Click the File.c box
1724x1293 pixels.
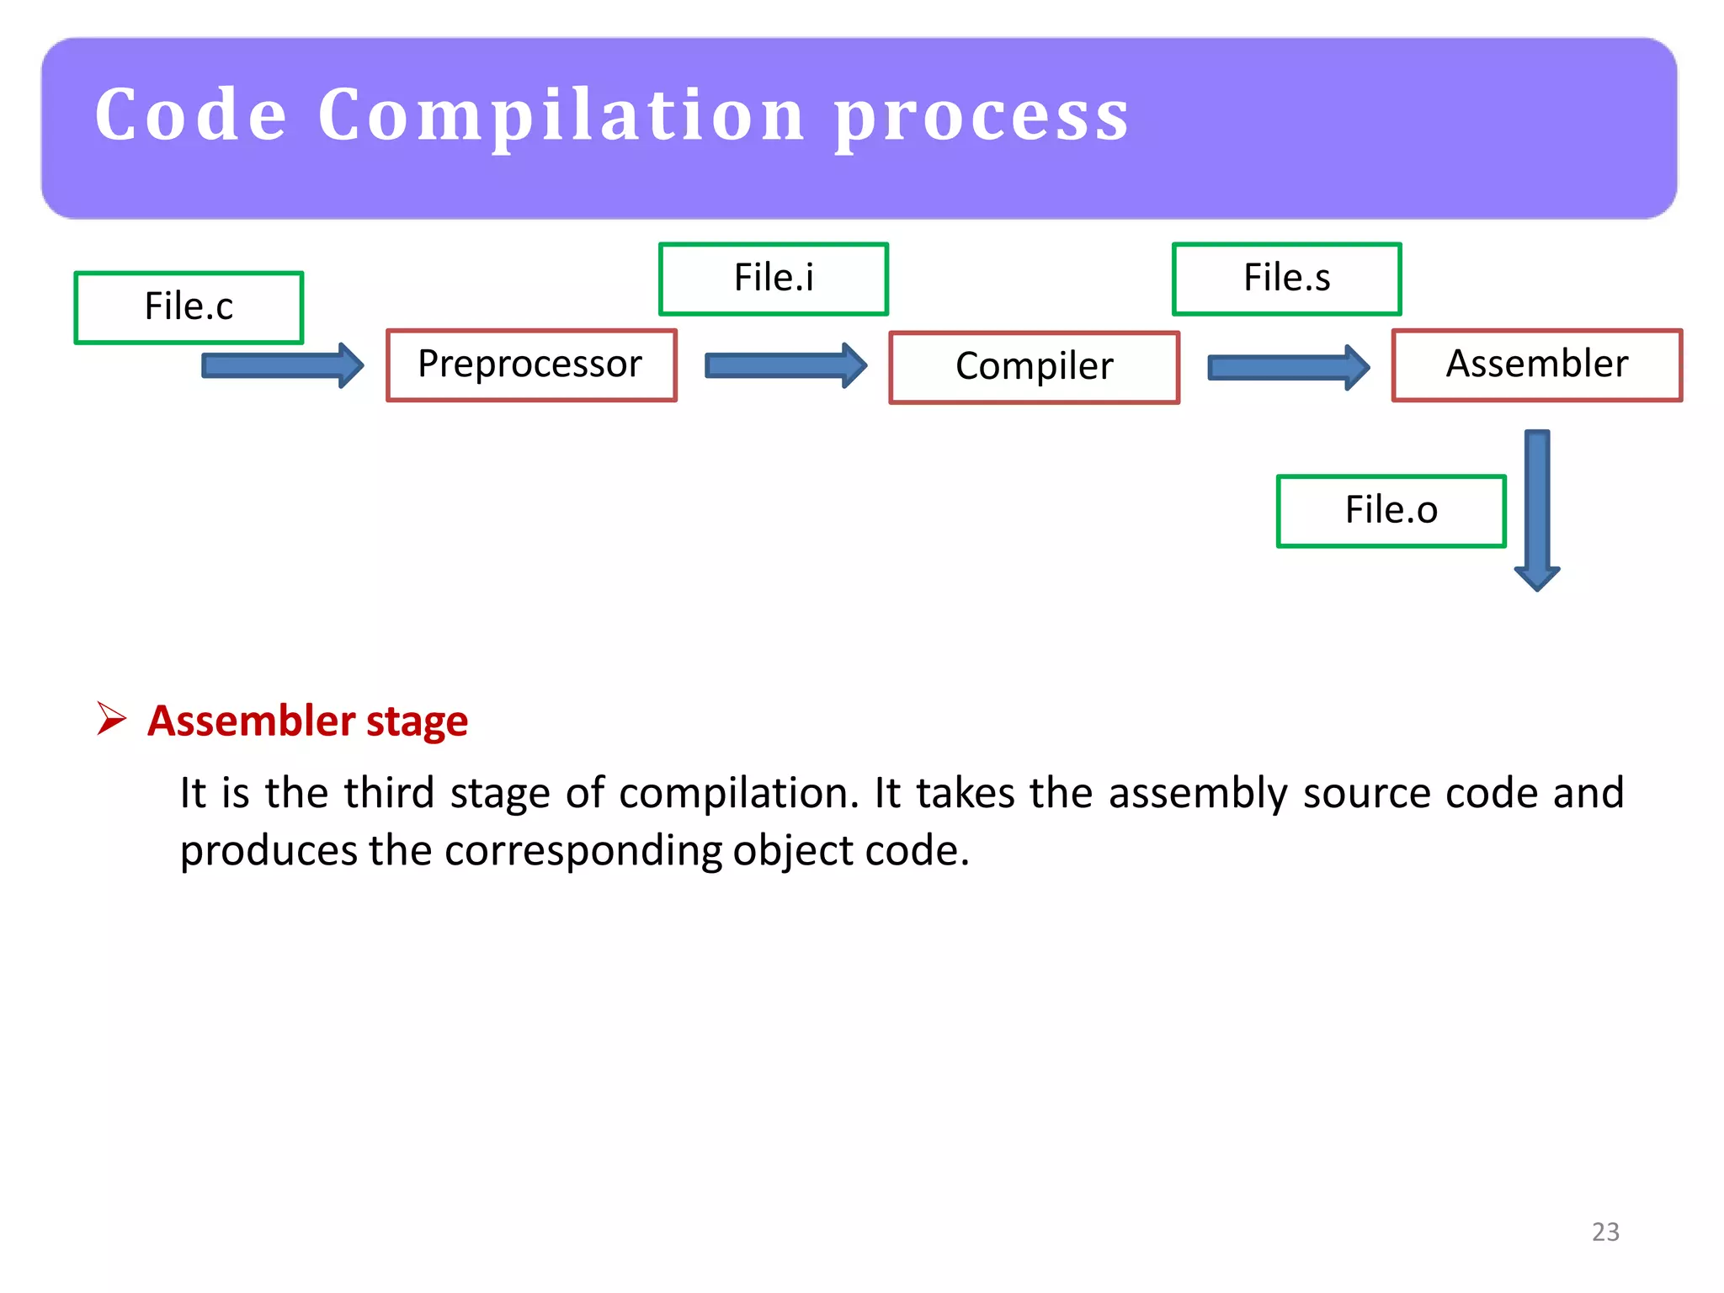tap(189, 307)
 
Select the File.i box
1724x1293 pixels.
tap(773, 279)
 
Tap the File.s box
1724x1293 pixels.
tap(1286, 279)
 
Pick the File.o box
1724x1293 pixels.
tap(1391, 511)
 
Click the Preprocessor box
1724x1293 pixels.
tap(530, 365)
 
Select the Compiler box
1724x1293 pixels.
tap(1034, 367)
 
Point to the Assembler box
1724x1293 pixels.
tap(1536, 365)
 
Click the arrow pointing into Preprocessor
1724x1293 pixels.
tap(282, 365)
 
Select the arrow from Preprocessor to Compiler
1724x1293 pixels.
tap(785, 365)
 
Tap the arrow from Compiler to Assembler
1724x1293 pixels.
tap(1288, 367)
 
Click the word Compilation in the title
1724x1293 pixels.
tap(561, 115)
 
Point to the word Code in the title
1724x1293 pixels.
tap(192, 115)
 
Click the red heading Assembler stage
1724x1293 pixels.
tap(307, 721)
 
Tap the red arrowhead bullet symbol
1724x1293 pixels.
tap(111, 719)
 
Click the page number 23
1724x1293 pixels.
tap(1605, 1232)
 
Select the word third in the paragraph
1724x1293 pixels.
tap(388, 793)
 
